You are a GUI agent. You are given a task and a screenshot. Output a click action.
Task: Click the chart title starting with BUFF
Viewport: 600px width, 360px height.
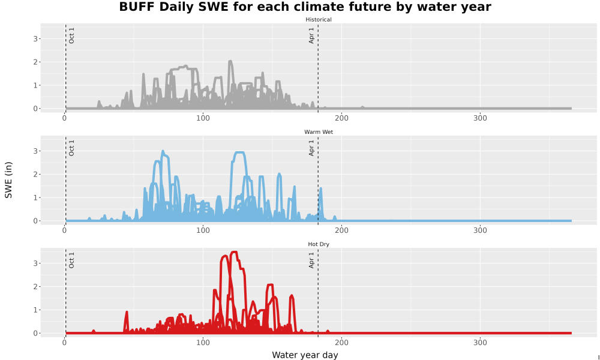coord(305,7)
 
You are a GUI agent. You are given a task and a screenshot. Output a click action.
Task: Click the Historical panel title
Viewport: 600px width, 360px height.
coord(319,20)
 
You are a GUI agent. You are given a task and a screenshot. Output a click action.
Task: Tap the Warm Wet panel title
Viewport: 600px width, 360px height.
coord(319,132)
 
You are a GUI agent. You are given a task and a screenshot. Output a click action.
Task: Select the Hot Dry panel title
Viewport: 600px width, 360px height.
coord(319,244)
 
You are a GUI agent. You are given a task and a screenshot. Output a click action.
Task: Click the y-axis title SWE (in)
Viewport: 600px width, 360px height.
coord(8,180)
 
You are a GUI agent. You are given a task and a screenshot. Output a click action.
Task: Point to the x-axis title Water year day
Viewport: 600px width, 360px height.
coord(305,355)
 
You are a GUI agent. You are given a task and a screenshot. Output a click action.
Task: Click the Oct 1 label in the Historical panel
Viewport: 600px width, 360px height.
coord(71,35)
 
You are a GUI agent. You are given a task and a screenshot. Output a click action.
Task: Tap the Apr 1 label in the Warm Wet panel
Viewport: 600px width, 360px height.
coord(311,148)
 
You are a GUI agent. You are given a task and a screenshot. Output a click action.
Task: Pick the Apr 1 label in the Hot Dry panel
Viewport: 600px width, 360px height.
coord(311,260)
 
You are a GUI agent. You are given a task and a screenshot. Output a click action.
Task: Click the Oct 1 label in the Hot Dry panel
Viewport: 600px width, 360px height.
coord(71,260)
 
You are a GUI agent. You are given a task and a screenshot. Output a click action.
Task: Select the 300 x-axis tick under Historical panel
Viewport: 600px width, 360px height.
coord(480,118)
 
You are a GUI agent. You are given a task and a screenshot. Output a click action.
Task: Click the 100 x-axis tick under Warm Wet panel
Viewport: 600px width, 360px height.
coord(203,230)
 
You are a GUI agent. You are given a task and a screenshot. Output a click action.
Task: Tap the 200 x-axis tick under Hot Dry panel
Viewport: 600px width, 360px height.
coord(341,343)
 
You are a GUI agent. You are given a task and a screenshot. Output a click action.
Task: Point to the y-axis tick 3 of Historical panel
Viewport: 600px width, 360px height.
coord(35,38)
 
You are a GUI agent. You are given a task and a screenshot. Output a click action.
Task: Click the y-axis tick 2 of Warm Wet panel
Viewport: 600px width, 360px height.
coord(35,175)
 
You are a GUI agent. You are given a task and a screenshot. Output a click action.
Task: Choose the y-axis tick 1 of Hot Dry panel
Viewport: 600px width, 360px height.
coord(35,310)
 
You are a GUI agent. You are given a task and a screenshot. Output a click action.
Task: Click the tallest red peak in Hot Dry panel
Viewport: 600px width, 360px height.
coord(235,252)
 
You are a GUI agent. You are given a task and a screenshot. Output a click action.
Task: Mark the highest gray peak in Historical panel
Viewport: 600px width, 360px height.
coord(230,61)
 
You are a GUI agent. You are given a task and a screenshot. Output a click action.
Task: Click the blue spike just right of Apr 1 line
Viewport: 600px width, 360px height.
coord(320,188)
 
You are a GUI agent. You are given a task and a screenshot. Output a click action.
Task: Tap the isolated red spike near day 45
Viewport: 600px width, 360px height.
coord(127,312)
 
